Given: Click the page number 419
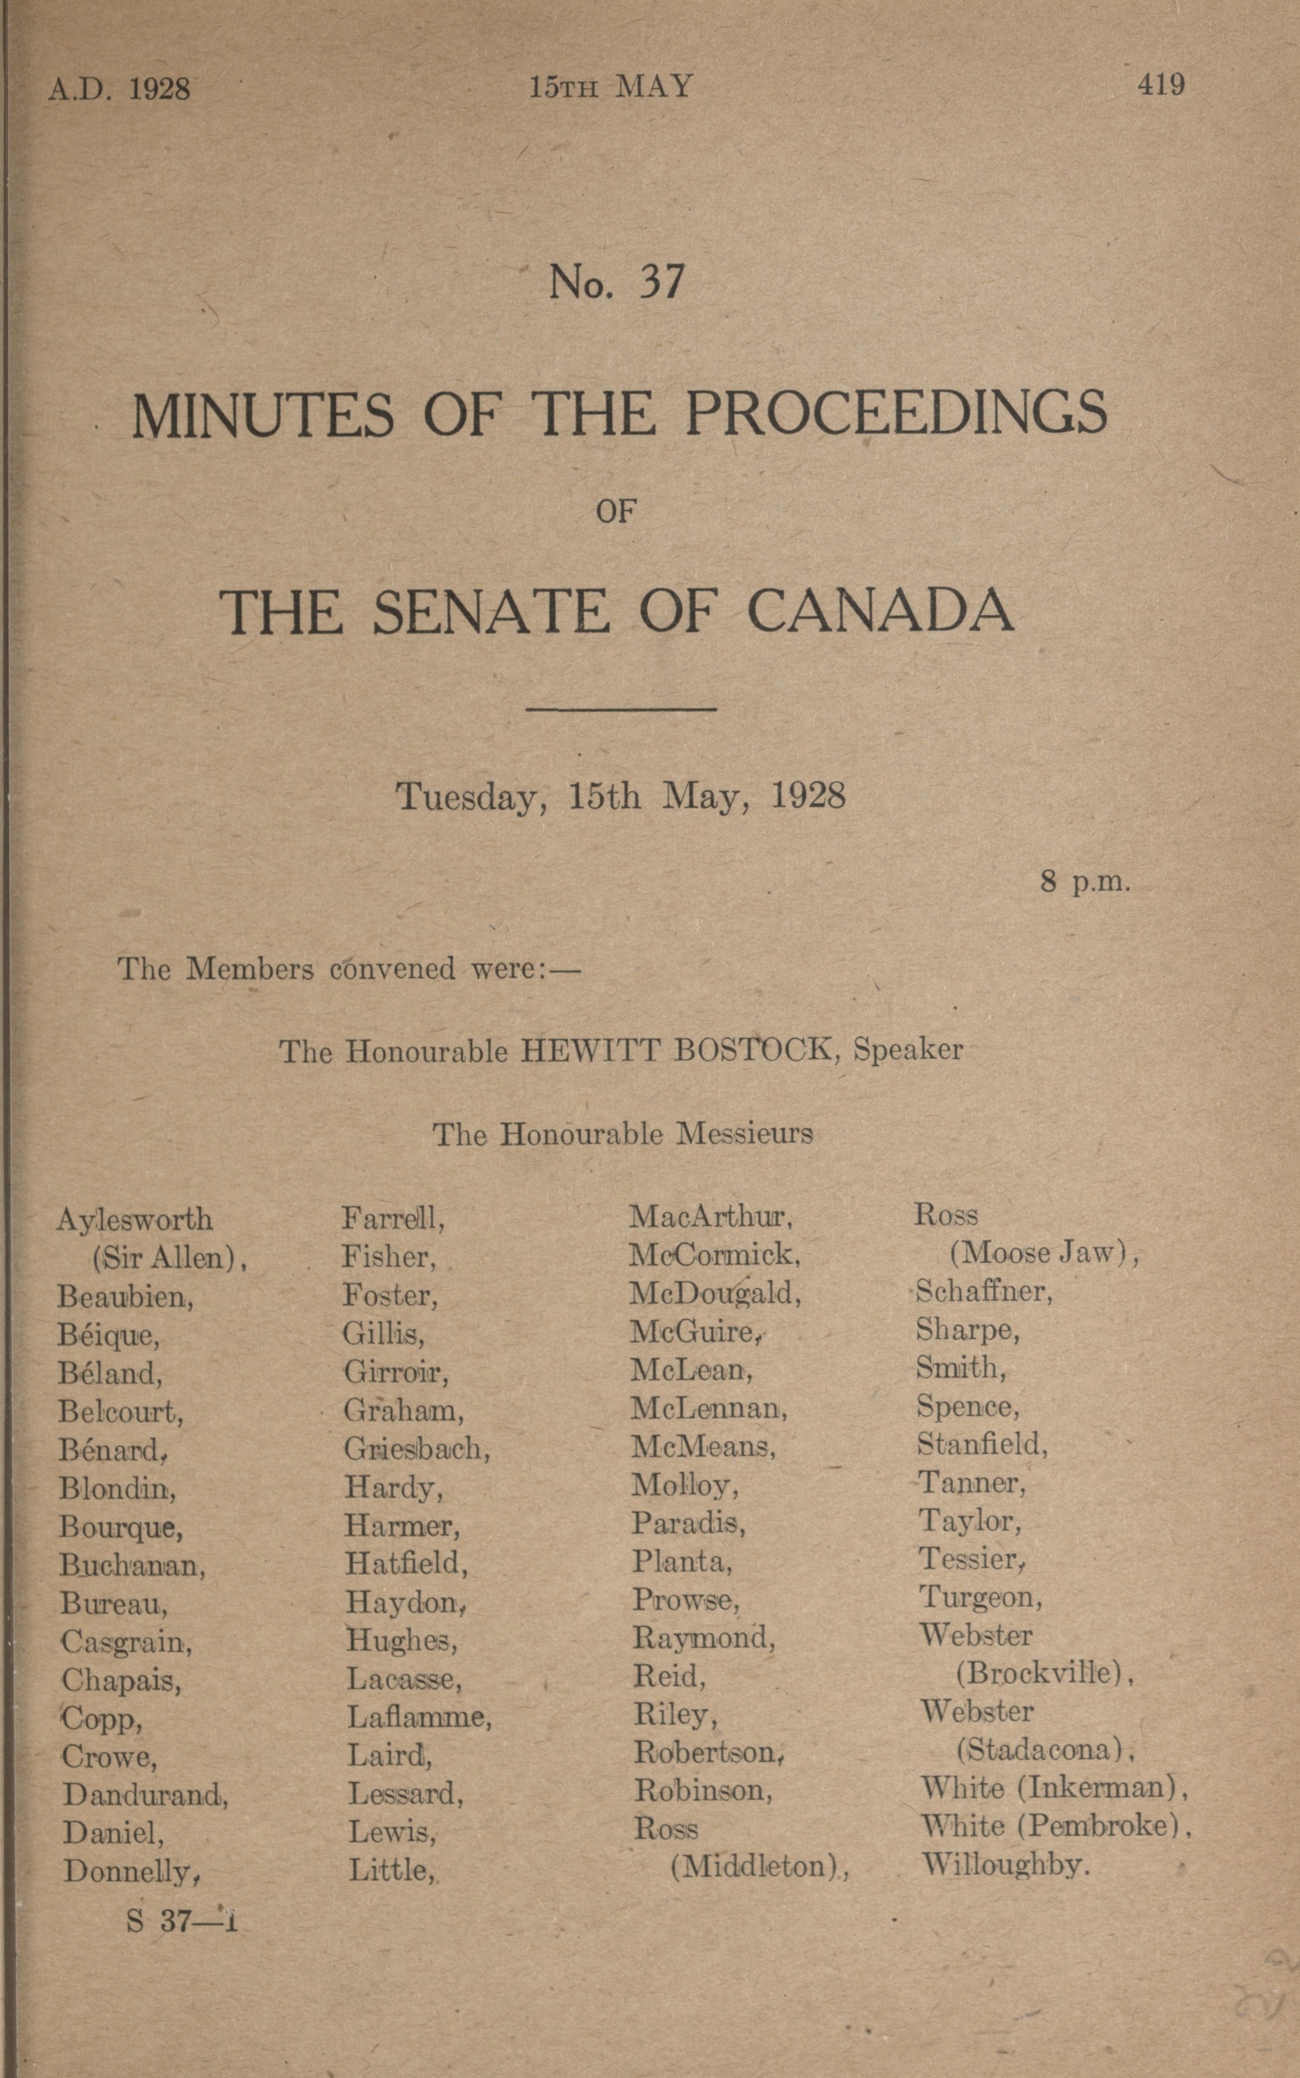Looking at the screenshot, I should click(1161, 84).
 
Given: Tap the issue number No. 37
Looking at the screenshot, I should click(617, 282).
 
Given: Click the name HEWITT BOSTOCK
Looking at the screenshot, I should click(677, 1050).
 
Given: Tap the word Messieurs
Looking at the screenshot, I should click(745, 1135).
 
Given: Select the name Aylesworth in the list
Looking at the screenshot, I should click(134, 1219).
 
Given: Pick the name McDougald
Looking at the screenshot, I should click(714, 1294).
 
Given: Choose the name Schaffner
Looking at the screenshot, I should click(983, 1291).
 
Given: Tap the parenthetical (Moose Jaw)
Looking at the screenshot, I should click(1043, 1254).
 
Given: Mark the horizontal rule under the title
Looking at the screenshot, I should click(620, 709).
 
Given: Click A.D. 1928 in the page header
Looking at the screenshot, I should click(119, 89).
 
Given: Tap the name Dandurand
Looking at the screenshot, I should click(145, 1794).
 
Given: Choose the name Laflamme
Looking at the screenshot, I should click(418, 1717).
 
